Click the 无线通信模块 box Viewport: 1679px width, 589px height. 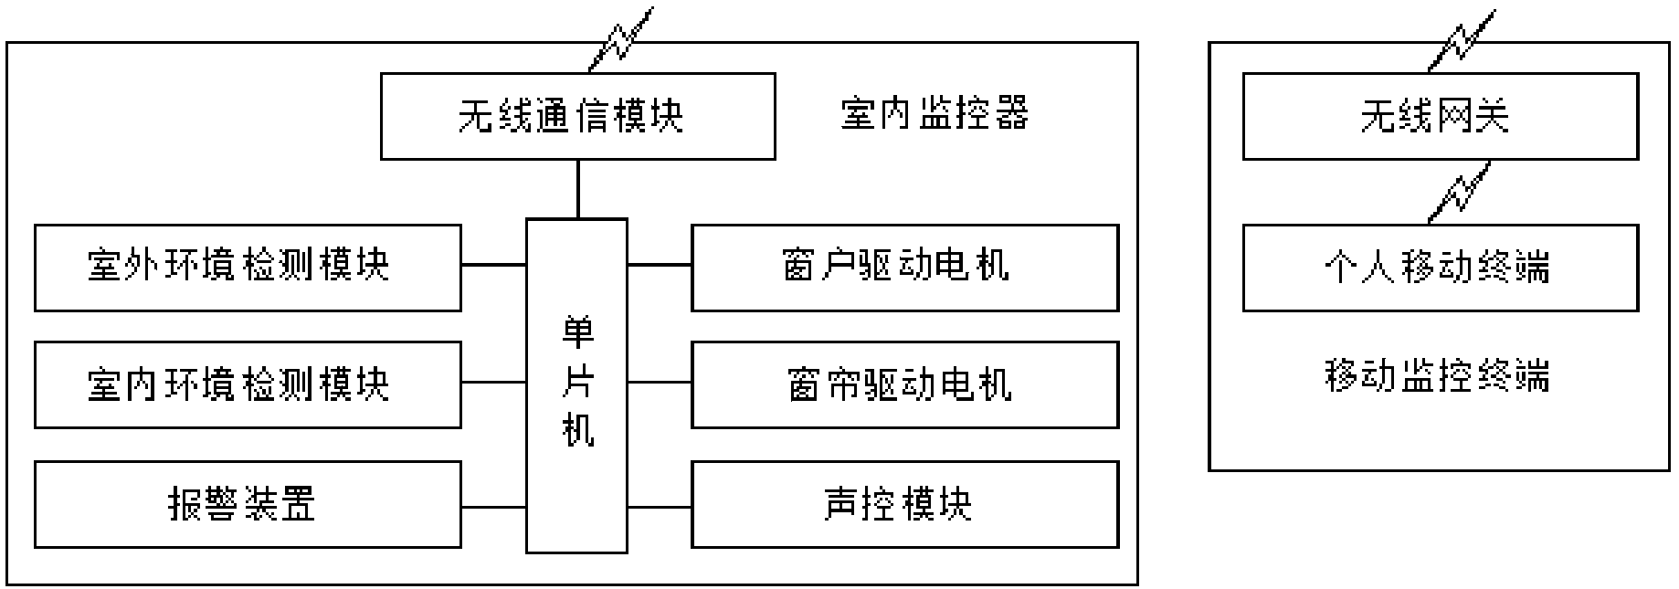(577, 117)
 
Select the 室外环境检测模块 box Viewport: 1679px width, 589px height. (247, 268)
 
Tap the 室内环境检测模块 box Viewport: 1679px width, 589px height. (247, 384)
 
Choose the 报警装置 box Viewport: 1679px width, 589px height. (247, 504)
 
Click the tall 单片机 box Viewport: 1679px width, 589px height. (576, 385)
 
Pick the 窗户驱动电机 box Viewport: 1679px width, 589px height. (904, 268)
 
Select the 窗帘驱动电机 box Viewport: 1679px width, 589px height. (904, 384)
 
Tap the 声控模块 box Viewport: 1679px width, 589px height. (904, 504)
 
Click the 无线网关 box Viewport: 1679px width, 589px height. (1440, 117)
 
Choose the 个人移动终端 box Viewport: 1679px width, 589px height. (1440, 268)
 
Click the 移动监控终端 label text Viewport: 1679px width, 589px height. (1437, 375)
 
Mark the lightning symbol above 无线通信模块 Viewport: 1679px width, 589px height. (622, 39)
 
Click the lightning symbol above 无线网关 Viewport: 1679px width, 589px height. (1462, 39)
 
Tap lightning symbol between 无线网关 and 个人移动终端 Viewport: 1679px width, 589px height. (1460, 192)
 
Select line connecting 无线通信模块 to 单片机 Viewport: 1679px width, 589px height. (577, 189)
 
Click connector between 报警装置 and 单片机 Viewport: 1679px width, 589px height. (493, 506)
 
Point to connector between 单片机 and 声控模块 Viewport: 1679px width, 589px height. (659, 506)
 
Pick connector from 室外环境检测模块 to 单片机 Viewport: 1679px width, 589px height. (493, 265)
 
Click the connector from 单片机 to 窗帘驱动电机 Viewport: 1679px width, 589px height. (659, 383)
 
